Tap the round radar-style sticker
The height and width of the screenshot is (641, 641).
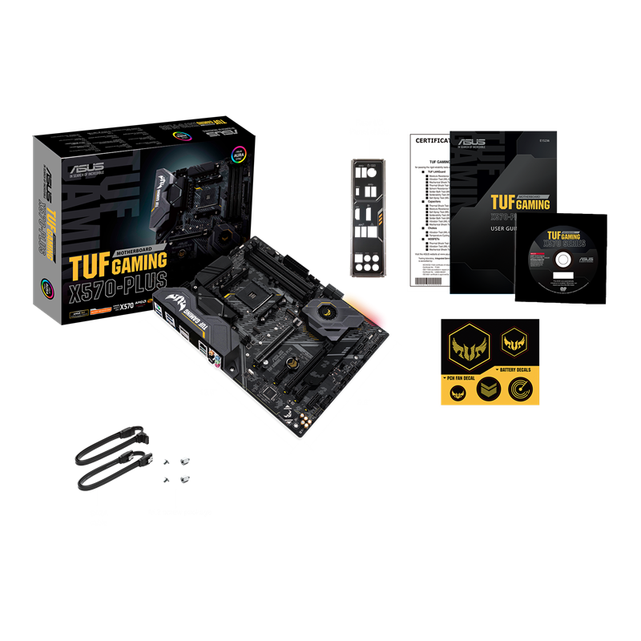coord(521,390)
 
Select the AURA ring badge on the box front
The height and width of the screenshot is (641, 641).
coord(239,151)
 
